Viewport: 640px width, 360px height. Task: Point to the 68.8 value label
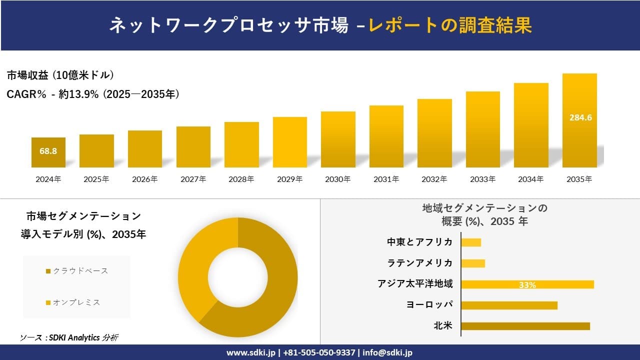(48, 150)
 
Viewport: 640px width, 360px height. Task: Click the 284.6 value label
(580, 118)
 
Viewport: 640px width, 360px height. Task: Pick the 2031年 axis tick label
(386, 179)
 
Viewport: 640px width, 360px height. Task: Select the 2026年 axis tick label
(144, 179)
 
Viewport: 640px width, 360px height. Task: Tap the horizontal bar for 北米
(525, 326)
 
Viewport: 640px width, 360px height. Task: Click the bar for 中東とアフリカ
(471, 242)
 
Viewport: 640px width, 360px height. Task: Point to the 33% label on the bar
(527, 285)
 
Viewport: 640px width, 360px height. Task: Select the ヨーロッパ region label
(430, 305)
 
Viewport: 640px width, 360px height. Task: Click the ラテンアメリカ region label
(420, 263)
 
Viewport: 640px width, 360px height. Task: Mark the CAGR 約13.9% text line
(93, 94)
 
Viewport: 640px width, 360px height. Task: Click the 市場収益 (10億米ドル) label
(60, 75)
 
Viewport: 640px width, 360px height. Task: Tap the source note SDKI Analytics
(69, 338)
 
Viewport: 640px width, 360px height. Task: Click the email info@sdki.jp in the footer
(387, 352)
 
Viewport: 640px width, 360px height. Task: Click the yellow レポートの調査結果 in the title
(450, 25)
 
